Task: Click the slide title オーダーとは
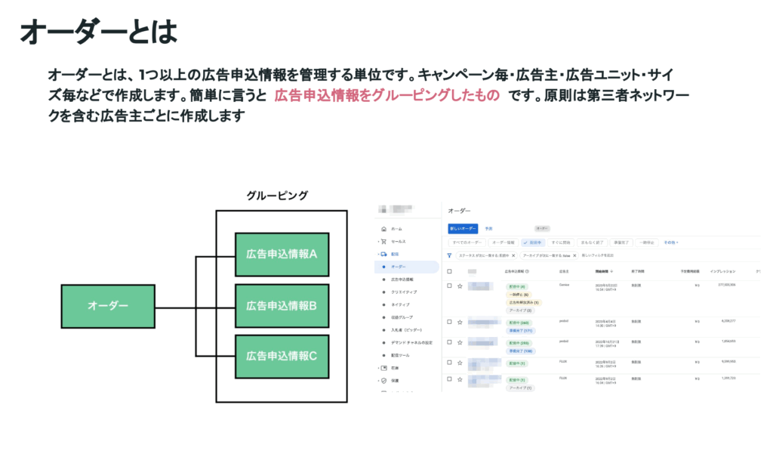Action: pyautogui.click(x=98, y=32)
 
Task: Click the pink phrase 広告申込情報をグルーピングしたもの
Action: pyautogui.click(x=386, y=96)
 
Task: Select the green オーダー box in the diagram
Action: pyautogui.click(x=108, y=306)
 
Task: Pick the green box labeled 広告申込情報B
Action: pyautogui.click(x=282, y=306)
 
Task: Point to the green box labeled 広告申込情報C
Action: pyautogui.click(x=282, y=355)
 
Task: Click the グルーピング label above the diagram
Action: pyautogui.click(x=277, y=196)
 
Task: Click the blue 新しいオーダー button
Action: pyautogui.click(x=462, y=228)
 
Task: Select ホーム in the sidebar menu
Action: pyautogui.click(x=396, y=228)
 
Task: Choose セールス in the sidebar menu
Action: pyautogui.click(x=398, y=242)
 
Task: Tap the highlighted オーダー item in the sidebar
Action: pyautogui.click(x=399, y=267)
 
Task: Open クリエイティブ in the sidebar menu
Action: pyautogui.click(x=404, y=292)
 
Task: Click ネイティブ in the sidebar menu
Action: pyautogui.click(x=401, y=304)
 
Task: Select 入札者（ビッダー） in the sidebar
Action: pyautogui.click(x=407, y=330)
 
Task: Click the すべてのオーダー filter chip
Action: pyautogui.click(x=467, y=242)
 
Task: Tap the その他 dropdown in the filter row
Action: pyautogui.click(x=670, y=242)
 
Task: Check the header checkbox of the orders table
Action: pyautogui.click(x=450, y=270)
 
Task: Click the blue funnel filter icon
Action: pyautogui.click(x=450, y=256)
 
